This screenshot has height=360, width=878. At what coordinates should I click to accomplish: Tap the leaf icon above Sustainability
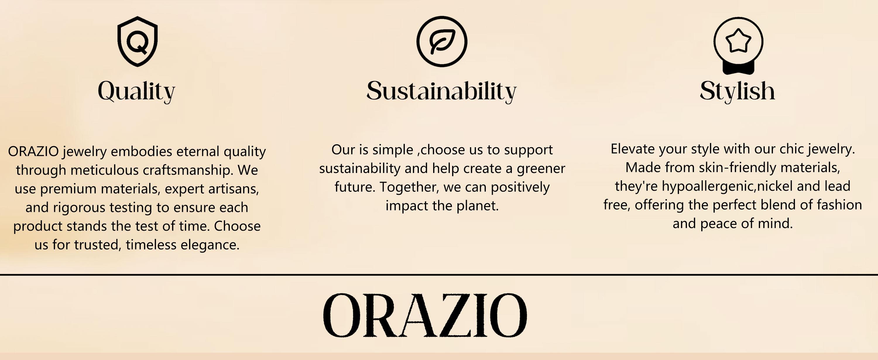point(442,42)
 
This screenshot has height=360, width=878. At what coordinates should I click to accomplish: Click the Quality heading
point(136,91)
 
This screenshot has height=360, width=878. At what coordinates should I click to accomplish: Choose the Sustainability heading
point(442,91)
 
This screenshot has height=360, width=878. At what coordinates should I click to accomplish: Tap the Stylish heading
point(738,91)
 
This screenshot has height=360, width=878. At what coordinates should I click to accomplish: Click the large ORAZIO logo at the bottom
point(425,315)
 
